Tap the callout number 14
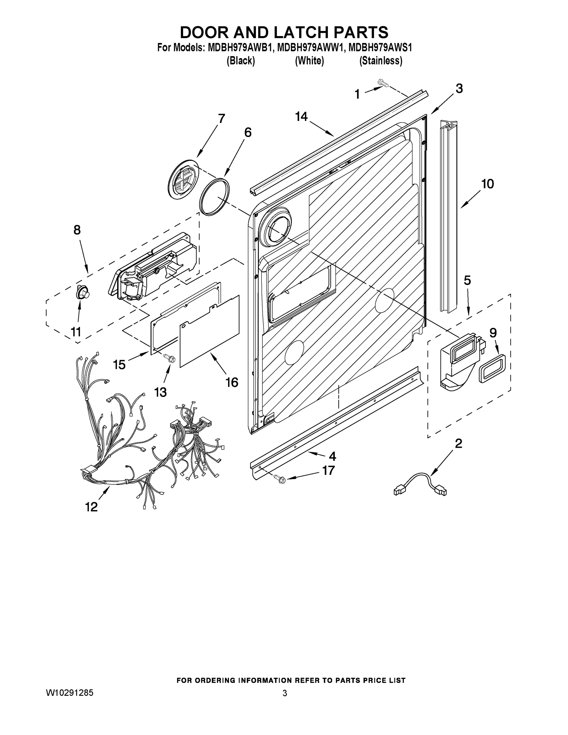coord(301,116)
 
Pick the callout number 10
coord(487,184)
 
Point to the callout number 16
coord(232,382)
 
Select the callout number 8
coord(77,230)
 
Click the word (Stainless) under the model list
coord(381,61)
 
